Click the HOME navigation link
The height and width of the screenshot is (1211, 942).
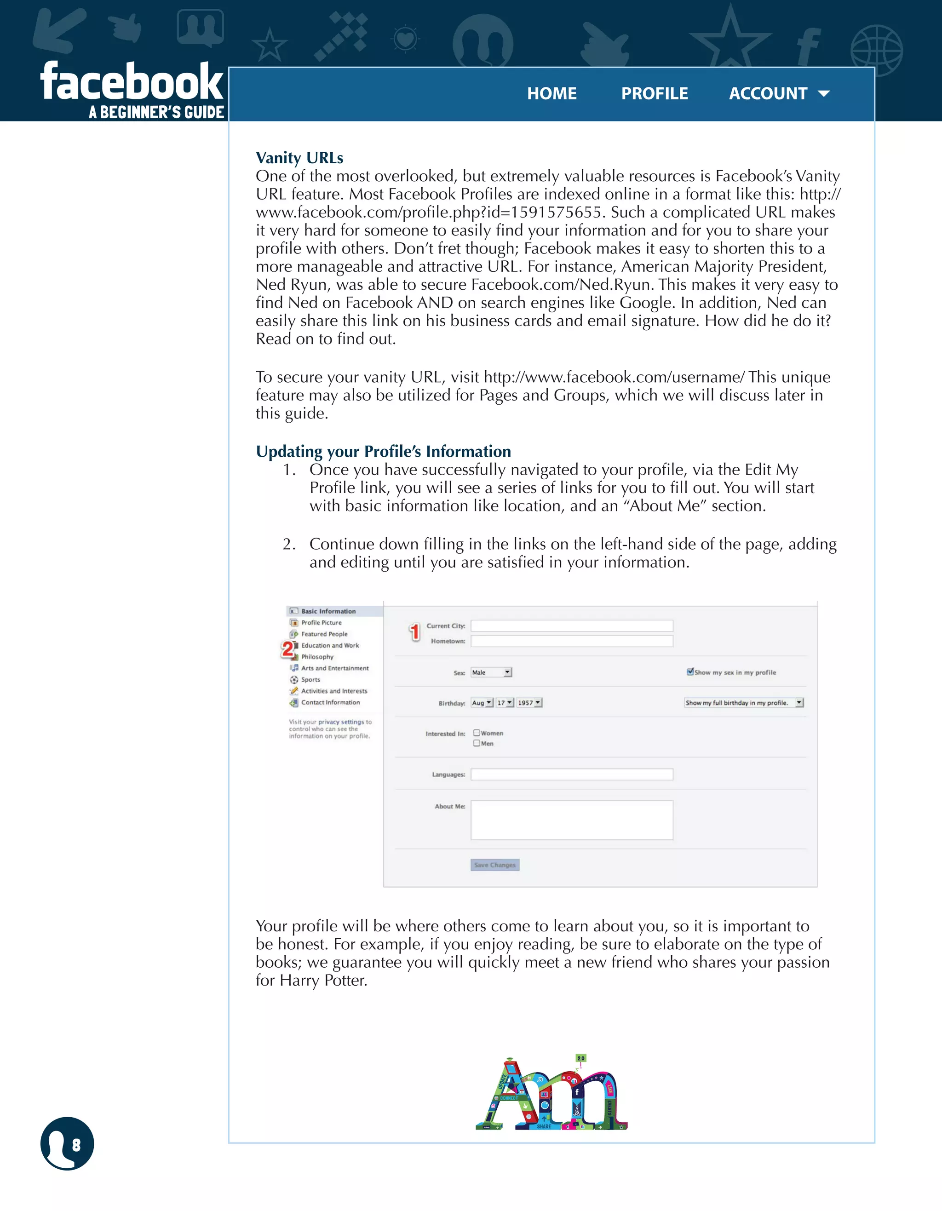[x=551, y=93]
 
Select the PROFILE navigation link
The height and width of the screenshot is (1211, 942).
[x=654, y=93]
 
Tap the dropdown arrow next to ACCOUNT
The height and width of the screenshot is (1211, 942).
[x=824, y=94]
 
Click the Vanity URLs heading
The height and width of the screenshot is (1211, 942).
[x=299, y=158]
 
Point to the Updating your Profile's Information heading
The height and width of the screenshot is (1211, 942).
[x=383, y=451]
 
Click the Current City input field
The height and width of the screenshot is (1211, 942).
[x=572, y=626]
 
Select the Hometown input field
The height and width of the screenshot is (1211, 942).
[x=572, y=641]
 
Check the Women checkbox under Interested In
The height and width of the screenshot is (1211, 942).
[x=476, y=733]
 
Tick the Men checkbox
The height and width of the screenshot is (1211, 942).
[x=476, y=743]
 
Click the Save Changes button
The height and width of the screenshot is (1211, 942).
[x=494, y=865]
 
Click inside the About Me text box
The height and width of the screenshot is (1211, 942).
[x=572, y=820]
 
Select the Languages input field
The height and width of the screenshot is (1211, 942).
[x=572, y=774]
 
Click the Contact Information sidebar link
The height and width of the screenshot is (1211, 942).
[x=330, y=702]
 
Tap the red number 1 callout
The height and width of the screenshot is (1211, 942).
[x=414, y=631]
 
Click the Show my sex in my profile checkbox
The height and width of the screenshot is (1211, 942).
[x=690, y=672]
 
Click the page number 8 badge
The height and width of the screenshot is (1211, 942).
[x=67, y=1143]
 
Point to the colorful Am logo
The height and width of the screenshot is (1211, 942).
[x=551, y=1093]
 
